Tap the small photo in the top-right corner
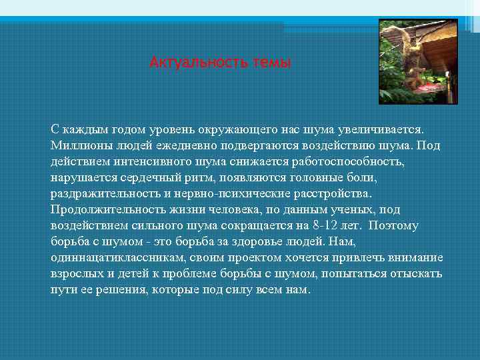coord(418,61)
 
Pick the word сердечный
coord(152,177)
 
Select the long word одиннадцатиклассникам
coord(119,257)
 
